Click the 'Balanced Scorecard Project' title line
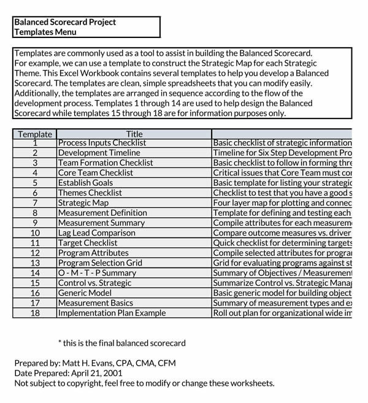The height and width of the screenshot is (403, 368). point(65,22)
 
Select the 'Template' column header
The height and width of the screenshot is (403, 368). point(34,134)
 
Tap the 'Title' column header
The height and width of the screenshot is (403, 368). point(134,134)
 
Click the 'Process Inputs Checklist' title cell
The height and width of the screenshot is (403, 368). point(102,143)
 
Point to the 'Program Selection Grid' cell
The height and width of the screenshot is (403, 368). point(99,263)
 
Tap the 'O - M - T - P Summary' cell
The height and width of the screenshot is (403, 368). point(97,272)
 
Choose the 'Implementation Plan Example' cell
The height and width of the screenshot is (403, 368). point(112,312)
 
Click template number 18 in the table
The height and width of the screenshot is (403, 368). point(35,312)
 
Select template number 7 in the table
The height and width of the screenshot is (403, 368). point(35,202)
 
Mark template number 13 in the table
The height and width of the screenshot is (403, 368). point(35,263)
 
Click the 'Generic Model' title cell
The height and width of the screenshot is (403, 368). point(85,293)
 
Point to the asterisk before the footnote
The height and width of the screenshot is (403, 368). point(59,343)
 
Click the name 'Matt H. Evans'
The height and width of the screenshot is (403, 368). point(86,363)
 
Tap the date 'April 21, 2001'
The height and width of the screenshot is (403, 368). point(92,373)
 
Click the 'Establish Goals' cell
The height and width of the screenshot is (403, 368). point(85,183)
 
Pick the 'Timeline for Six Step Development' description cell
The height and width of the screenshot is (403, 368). point(282,153)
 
